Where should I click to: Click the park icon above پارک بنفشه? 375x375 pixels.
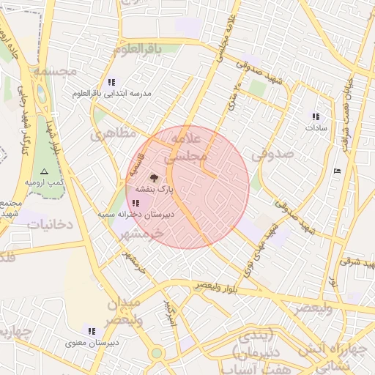click(x=153, y=177)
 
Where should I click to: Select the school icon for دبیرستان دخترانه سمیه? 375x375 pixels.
click(x=136, y=204)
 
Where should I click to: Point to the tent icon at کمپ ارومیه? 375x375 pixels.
click(x=44, y=171)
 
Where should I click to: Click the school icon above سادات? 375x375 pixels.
click(x=316, y=116)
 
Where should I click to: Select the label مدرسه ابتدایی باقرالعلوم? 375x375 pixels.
click(x=110, y=94)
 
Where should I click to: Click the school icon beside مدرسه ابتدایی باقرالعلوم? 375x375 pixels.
click(x=111, y=82)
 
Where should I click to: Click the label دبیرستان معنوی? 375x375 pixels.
click(x=92, y=342)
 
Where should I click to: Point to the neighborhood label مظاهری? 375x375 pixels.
click(x=114, y=135)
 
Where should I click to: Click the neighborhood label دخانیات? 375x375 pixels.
click(x=51, y=224)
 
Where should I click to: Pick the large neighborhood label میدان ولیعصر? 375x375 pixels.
click(x=131, y=311)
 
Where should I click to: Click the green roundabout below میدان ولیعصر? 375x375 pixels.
click(x=156, y=353)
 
